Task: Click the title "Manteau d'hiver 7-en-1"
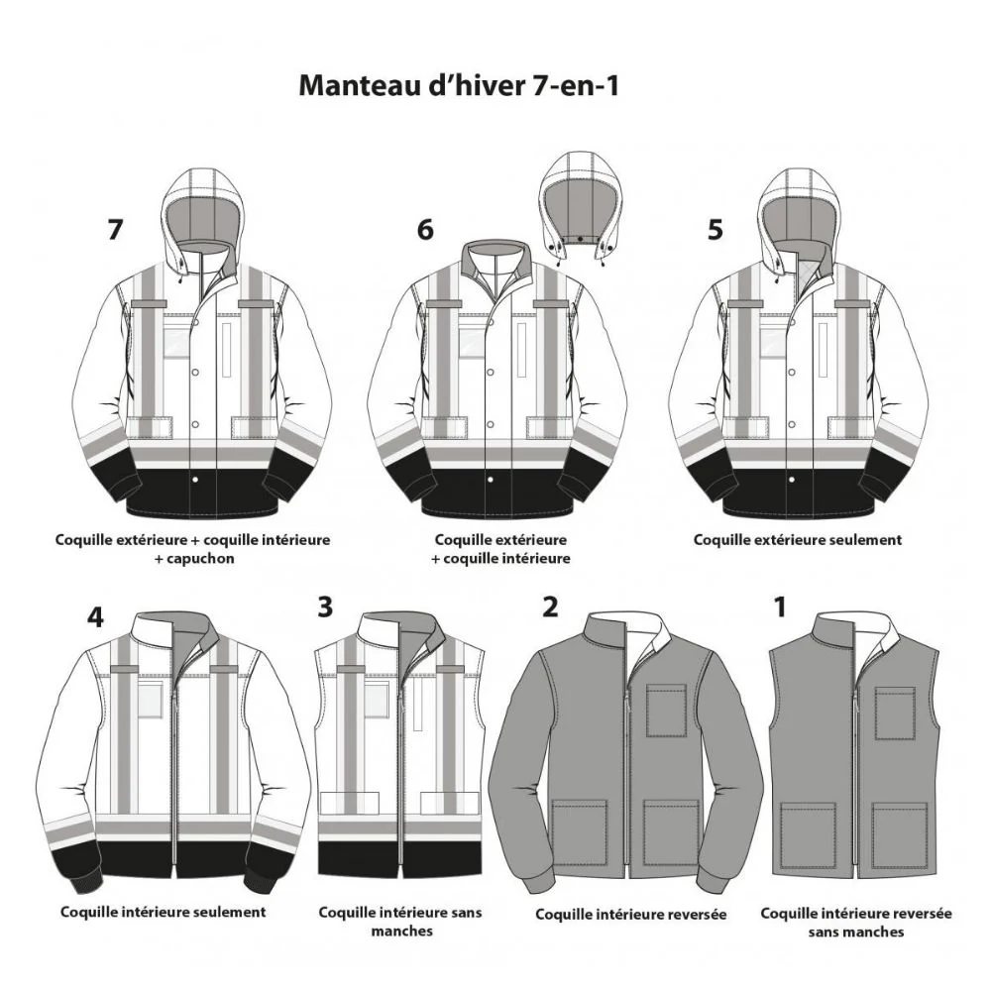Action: [458, 85]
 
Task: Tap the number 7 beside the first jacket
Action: [114, 229]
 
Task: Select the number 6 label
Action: [425, 229]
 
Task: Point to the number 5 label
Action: [715, 229]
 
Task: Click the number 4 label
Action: [95, 616]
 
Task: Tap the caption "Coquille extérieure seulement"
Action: [798, 540]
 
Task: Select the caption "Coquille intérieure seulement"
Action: [164, 912]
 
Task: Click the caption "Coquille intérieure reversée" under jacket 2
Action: [630, 915]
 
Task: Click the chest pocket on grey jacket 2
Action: [666, 711]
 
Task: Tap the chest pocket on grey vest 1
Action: [895, 713]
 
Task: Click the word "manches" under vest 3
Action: [402, 931]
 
